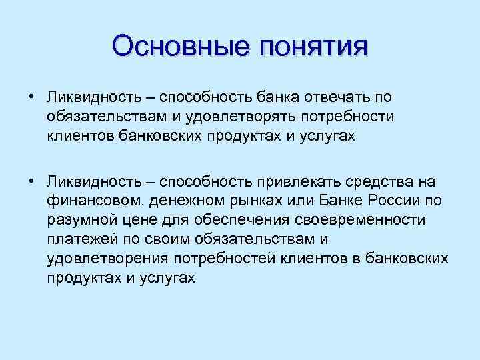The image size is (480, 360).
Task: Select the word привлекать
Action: [296, 181]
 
